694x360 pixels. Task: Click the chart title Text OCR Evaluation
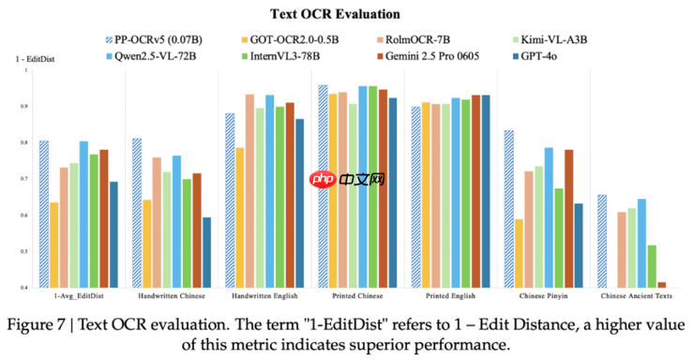tap(346, 14)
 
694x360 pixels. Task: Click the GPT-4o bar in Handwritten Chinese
tap(205, 251)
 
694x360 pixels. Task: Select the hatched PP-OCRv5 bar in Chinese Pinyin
tap(508, 208)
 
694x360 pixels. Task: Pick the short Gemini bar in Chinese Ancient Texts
tap(662, 284)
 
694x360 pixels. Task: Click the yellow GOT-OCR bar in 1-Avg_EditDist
tap(54, 244)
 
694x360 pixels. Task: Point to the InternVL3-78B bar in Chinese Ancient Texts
tap(652, 265)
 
